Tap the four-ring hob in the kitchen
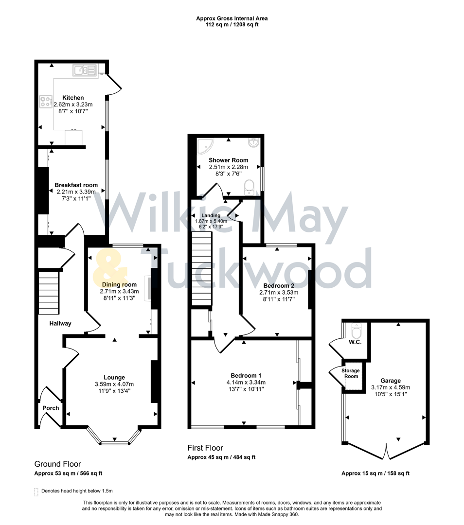46,102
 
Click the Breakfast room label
76,185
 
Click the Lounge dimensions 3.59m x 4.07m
114,384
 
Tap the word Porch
50,408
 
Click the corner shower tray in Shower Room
203,145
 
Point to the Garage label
391,381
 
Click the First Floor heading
205,448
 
